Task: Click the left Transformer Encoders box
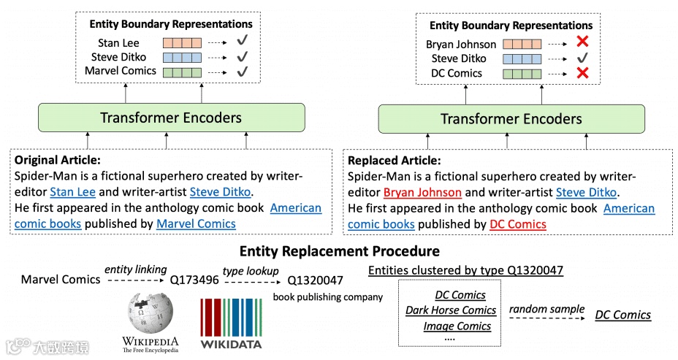(x=170, y=118)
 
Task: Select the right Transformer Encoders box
(x=511, y=119)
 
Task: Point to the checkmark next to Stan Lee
(x=243, y=43)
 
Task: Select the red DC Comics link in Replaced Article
(x=517, y=224)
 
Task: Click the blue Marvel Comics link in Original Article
(x=196, y=223)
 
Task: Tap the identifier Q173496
(x=194, y=280)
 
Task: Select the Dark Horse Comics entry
(x=451, y=310)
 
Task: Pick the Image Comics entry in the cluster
(x=457, y=326)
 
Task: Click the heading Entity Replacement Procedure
(x=339, y=251)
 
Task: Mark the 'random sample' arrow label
(x=546, y=308)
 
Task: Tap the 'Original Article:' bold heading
(x=58, y=160)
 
